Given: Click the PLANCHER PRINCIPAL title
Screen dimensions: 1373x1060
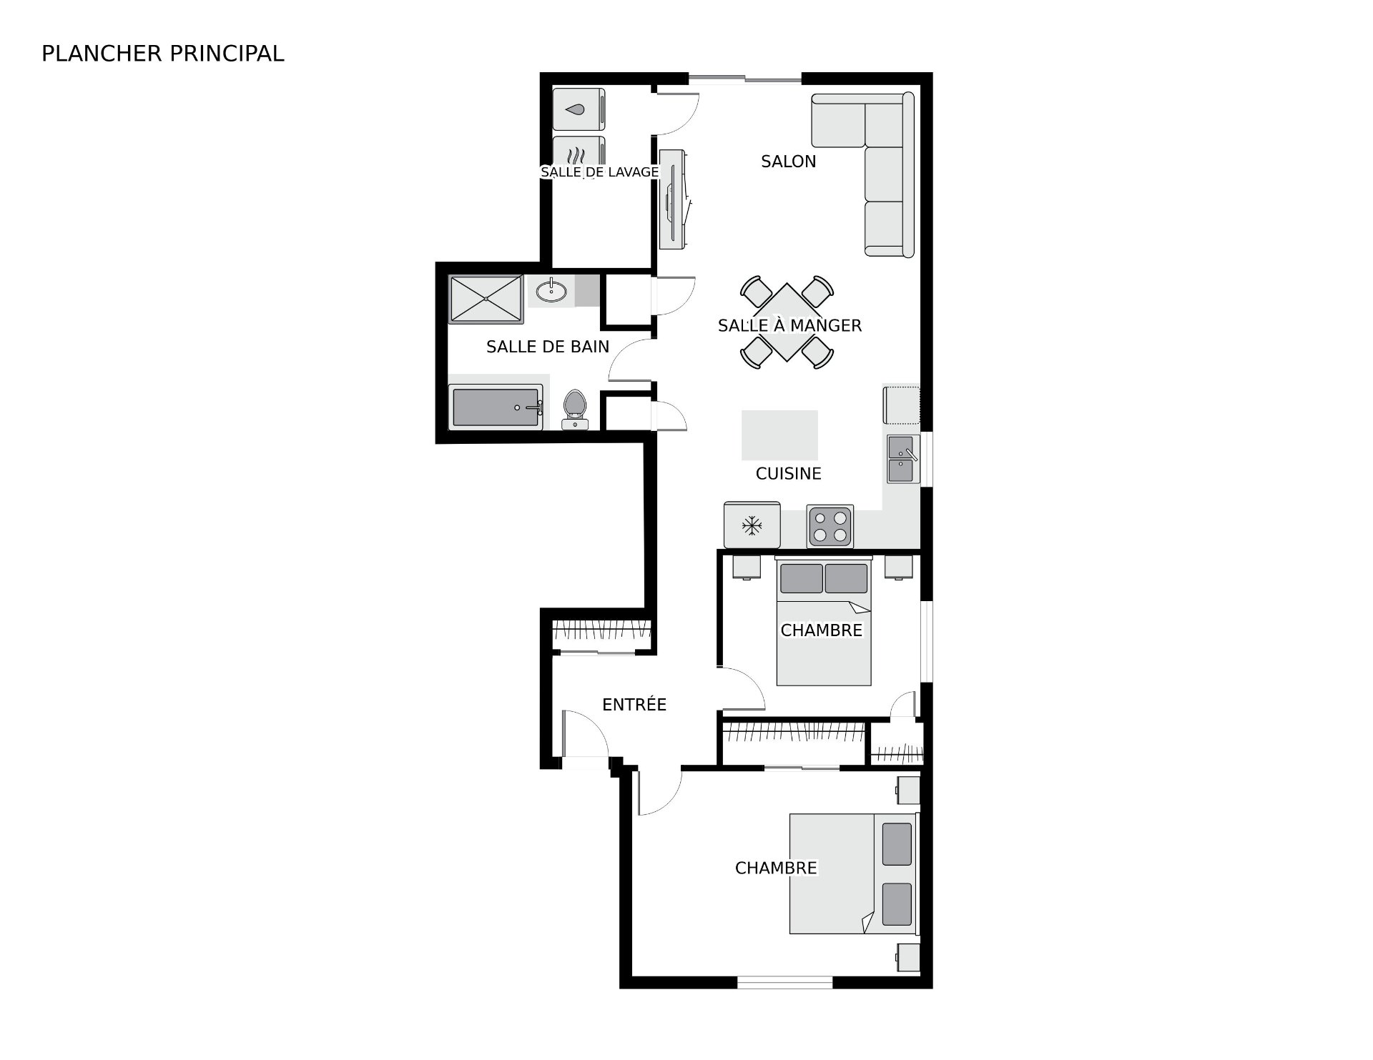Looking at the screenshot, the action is (x=163, y=54).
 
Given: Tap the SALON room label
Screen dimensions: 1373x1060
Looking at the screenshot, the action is (x=788, y=162).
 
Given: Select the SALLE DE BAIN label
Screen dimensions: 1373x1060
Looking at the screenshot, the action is (x=548, y=347).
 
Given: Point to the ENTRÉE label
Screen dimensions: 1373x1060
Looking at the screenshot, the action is (x=634, y=705).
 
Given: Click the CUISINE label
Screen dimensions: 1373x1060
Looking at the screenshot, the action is (x=788, y=473).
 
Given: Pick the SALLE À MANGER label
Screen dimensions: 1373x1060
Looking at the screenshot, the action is (x=789, y=325).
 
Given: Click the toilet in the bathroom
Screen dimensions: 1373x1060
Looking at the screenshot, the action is (x=574, y=410).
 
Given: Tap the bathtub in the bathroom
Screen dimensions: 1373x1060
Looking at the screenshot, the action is (x=496, y=407).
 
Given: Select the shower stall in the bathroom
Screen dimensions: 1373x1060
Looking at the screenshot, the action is (x=486, y=299).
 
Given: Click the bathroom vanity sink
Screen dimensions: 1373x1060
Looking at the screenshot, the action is (x=551, y=291).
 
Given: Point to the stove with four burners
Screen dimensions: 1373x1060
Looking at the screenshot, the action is (x=830, y=526).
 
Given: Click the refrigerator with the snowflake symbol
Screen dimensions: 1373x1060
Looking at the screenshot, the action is (x=752, y=525).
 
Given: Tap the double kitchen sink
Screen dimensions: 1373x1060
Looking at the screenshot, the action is (x=903, y=459).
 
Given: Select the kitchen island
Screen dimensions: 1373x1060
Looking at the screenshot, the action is (x=779, y=435).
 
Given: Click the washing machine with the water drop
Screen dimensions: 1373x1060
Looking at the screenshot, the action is (x=579, y=109).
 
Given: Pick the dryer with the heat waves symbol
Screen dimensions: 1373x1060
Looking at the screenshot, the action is (x=579, y=155).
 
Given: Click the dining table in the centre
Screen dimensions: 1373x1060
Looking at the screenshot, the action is (x=787, y=322).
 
